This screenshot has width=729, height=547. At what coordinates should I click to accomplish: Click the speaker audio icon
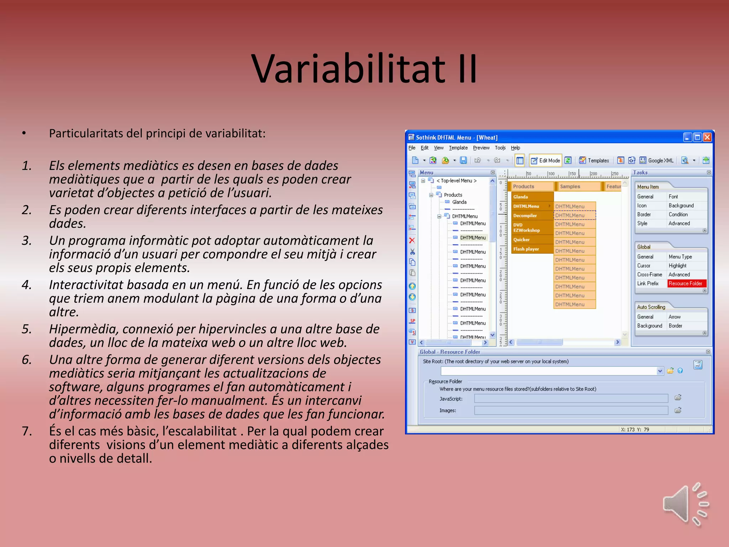pyautogui.click(x=685, y=504)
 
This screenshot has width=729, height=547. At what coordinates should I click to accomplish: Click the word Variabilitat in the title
pyautogui.click(x=348, y=69)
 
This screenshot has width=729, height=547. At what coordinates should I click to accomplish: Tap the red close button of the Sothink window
pyautogui.click(x=707, y=137)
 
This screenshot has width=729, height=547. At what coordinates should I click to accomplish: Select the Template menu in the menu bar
pyautogui.click(x=458, y=148)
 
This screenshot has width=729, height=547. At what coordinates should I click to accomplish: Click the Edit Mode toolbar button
pyautogui.click(x=546, y=161)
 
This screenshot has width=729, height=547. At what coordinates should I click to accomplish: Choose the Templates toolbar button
pyautogui.click(x=594, y=161)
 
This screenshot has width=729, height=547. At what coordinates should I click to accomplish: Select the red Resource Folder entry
pyautogui.click(x=685, y=283)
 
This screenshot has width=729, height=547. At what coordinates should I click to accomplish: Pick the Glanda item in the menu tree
pyautogui.click(x=459, y=202)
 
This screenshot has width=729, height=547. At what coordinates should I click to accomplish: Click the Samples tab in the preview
pyautogui.click(x=570, y=187)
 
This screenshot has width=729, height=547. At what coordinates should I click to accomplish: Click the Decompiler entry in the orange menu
pyautogui.click(x=525, y=215)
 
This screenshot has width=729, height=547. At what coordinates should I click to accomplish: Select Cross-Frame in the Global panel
pyautogui.click(x=650, y=275)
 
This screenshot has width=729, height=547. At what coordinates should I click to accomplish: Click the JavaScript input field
pyautogui.click(x=571, y=398)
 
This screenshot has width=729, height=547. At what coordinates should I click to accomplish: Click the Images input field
pyautogui.click(x=571, y=410)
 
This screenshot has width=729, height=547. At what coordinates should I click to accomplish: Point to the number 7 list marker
pyautogui.click(x=27, y=431)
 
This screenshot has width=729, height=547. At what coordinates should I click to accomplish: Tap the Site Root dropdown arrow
pyautogui.click(x=660, y=371)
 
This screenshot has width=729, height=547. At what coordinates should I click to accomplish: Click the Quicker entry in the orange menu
pyautogui.click(x=521, y=240)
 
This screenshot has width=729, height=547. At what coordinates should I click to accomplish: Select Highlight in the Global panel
pyautogui.click(x=677, y=266)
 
